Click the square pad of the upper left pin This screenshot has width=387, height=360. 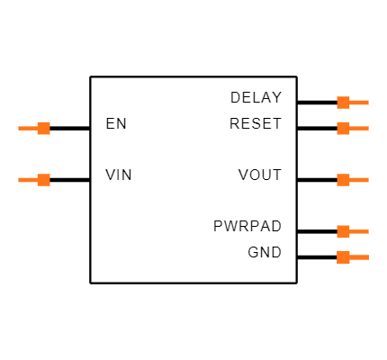[43, 128]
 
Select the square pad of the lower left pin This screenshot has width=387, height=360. [43, 180]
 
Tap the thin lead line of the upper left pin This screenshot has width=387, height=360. [27, 128]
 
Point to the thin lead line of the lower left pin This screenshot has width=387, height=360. [27, 180]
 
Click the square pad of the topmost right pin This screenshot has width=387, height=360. [343, 103]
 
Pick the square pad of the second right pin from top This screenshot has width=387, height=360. [343, 128]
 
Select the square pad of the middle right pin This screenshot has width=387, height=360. [343, 180]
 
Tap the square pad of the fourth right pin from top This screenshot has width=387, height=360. [343, 231]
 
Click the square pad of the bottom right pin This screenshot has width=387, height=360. [343, 257]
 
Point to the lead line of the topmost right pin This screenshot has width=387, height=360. [359, 103]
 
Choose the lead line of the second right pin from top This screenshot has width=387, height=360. [359, 128]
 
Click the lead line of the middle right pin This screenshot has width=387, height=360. [359, 180]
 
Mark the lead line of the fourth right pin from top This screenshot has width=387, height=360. [359, 231]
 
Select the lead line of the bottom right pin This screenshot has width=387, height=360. [359, 257]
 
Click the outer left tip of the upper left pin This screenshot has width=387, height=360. [19, 128]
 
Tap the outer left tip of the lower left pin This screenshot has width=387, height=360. [19, 180]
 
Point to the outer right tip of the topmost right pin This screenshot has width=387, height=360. [368, 103]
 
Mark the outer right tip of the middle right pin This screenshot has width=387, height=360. [368, 180]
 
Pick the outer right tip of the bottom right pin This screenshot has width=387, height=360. [368, 257]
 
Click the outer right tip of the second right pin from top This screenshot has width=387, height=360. [368, 128]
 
